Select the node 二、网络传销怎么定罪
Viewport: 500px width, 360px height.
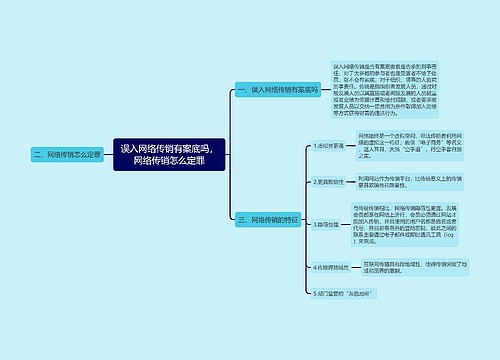pyautogui.click(x=66, y=155)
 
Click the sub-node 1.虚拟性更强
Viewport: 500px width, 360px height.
pyautogui.click(x=327, y=145)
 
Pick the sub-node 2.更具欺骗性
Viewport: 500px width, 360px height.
pyautogui.click(x=327, y=182)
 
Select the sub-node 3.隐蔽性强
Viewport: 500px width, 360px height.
pyautogui.click(x=325, y=225)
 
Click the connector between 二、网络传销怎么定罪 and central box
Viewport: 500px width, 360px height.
pyautogui.click(x=108, y=155)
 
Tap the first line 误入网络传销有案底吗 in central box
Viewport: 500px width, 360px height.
pyautogui.click(x=173, y=148)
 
